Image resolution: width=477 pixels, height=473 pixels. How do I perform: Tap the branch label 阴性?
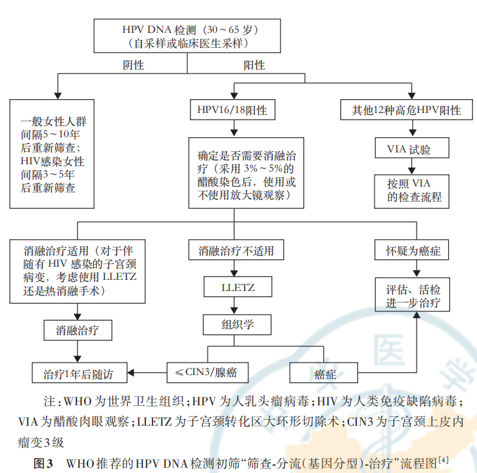134,65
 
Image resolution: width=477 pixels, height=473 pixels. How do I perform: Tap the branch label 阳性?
254,65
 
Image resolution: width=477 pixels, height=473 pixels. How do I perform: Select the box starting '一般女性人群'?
53,154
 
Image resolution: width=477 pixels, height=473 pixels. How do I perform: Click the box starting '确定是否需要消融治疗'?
246,172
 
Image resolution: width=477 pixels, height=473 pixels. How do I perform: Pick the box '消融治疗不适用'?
236,250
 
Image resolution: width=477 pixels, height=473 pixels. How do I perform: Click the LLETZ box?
238,287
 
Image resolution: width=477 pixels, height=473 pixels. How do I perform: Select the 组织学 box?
238,324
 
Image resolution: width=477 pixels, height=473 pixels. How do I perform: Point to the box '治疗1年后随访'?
78,373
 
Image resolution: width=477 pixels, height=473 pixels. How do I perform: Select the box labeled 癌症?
325,373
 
